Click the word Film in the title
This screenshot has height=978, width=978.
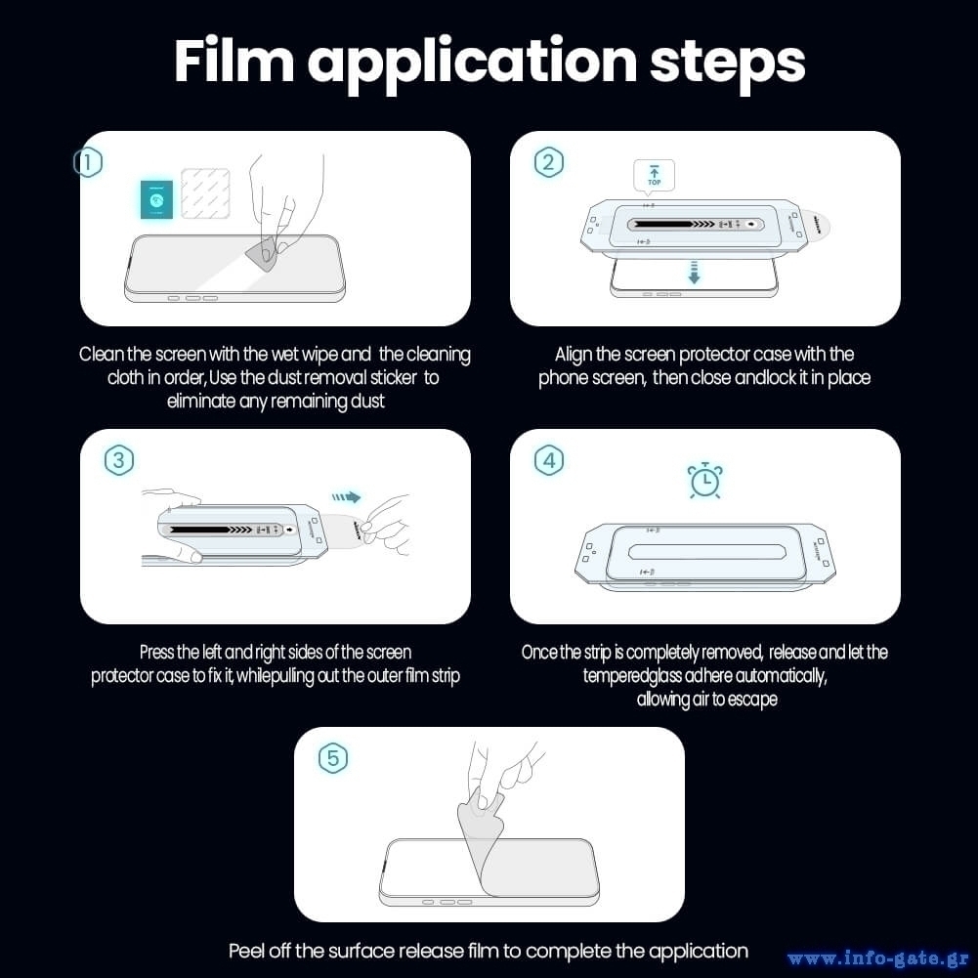point(234,61)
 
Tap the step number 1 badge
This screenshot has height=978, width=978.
point(88,162)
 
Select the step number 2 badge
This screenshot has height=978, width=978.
point(549,162)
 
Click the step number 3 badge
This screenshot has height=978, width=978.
point(118,461)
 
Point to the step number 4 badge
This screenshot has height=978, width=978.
point(549,461)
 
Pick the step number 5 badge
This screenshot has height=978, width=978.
point(332,758)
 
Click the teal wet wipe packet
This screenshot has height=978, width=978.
point(156,199)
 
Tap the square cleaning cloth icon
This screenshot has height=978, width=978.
point(205,193)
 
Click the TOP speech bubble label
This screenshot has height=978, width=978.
point(654,175)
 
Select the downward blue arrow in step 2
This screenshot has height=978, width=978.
point(694,273)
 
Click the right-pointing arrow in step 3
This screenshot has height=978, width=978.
point(346,497)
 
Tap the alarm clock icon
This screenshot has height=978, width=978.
point(704,481)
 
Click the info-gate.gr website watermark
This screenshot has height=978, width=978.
point(877,957)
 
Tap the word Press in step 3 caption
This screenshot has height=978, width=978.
point(156,653)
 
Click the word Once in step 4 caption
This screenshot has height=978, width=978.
point(539,653)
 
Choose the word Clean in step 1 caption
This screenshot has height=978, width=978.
point(102,355)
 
